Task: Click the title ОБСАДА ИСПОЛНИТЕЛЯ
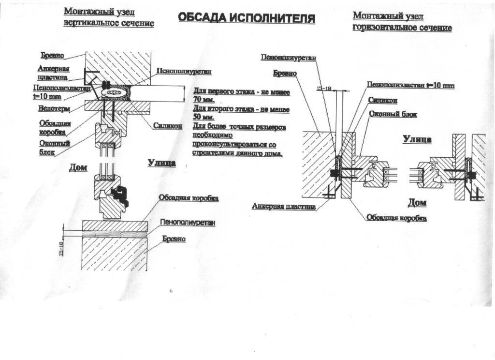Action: (247, 18)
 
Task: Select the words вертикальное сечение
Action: (109, 23)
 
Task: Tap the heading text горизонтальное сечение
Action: (402, 28)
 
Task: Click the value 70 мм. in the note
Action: (203, 100)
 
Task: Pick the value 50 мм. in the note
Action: (203, 118)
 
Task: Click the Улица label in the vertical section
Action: (161, 163)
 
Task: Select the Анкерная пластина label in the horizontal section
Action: (284, 207)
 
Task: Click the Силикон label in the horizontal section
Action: (382, 100)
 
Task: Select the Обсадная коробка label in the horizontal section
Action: (396, 218)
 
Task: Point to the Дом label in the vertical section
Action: (77, 168)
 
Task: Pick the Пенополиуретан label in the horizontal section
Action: (289, 57)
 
